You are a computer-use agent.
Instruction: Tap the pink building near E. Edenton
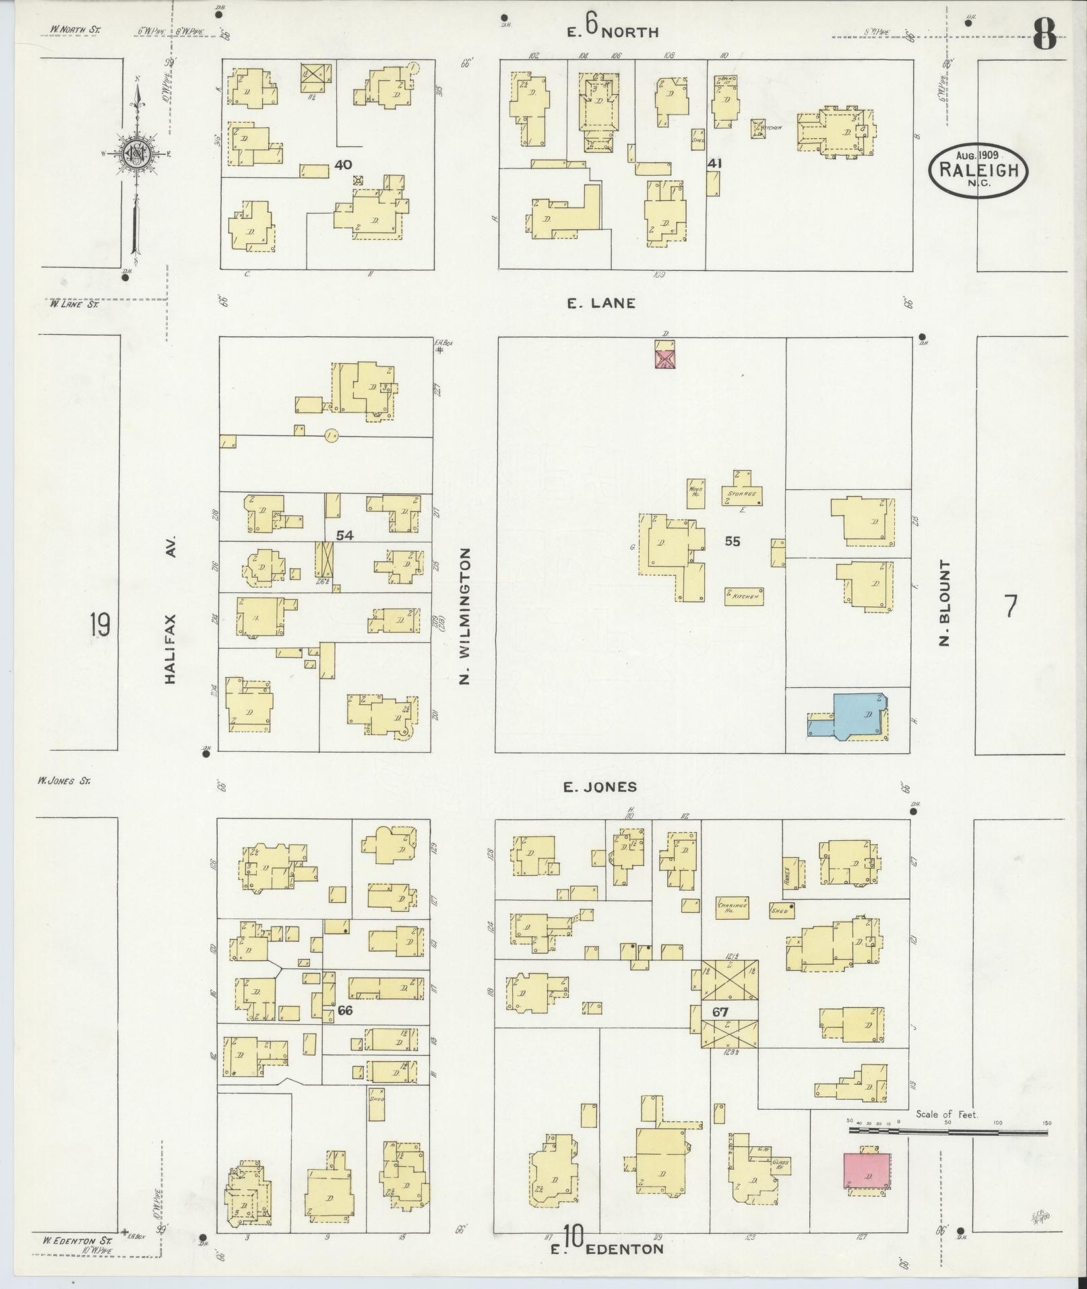(x=866, y=1171)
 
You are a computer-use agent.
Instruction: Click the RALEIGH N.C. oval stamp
(x=979, y=170)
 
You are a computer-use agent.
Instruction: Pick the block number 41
(x=714, y=163)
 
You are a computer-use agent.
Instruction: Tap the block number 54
(x=345, y=534)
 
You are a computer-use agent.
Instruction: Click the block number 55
(x=733, y=540)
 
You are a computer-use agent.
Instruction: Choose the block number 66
(x=345, y=1011)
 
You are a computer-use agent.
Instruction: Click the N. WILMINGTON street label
(x=464, y=616)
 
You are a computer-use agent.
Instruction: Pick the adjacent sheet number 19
(x=99, y=625)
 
